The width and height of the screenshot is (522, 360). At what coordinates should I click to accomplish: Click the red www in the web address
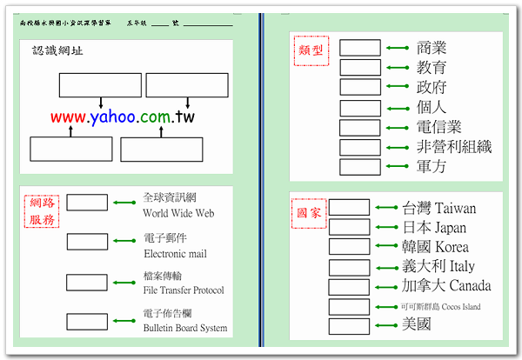[x=69, y=117]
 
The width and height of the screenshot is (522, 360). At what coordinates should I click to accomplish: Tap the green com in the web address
[x=156, y=117]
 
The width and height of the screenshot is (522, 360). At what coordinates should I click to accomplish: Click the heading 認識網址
[x=52, y=51]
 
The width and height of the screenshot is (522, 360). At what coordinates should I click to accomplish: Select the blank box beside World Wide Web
[x=87, y=203]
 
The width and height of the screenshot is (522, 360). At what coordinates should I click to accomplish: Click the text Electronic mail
[x=175, y=254]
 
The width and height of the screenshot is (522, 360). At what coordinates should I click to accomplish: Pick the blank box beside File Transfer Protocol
[x=87, y=282]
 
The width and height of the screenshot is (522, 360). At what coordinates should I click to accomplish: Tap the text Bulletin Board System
[x=185, y=328]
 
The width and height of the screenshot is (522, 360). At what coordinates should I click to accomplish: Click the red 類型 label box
[x=313, y=50]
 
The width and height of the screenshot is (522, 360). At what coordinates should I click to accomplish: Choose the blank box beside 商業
[x=359, y=47]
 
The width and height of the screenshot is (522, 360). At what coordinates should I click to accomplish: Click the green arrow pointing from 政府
[x=398, y=87]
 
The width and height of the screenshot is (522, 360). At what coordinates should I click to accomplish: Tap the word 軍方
[x=432, y=166]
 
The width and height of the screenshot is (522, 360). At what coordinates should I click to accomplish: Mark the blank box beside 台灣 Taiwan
[x=349, y=208]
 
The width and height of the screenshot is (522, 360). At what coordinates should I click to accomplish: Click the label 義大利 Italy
[x=438, y=266]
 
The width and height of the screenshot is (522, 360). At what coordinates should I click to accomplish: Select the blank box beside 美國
[x=349, y=326]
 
